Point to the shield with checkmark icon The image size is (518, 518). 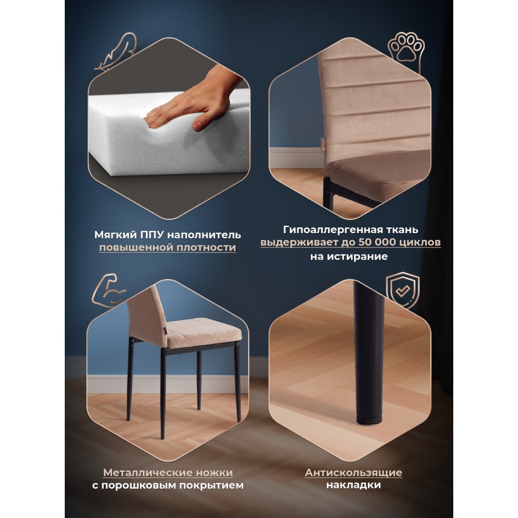point(402,290)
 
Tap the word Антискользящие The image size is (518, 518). point(353,472)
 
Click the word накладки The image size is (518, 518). point(353,485)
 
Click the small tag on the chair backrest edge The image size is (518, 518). point(323,143)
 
